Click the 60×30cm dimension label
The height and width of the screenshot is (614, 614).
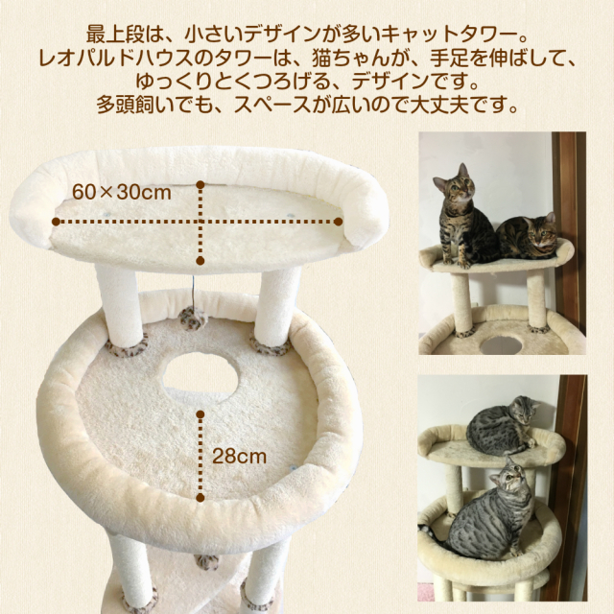(x=122, y=193)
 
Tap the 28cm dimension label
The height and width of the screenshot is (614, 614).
(x=239, y=457)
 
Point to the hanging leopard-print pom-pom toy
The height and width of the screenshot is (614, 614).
(x=192, y=318)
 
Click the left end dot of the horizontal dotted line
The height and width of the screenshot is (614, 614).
(x=56, y=222)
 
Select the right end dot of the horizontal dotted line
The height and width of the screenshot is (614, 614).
(x=339, y=222)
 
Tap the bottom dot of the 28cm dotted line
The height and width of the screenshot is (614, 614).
(x=201, y=498)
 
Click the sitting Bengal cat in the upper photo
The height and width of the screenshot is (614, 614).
(x=462, y=217)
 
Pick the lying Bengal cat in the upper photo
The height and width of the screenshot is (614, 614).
(x=527, y=237)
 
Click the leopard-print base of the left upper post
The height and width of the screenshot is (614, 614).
(x=127, y=344)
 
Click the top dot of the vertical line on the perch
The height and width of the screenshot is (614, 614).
(x=201, y=184)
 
